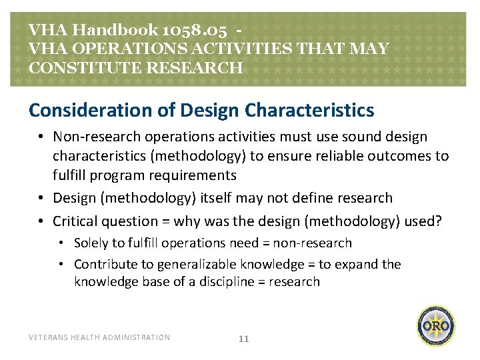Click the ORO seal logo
point(437,326)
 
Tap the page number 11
point(243,339)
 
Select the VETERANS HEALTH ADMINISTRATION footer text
point(99,337)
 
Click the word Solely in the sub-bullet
point(91,243)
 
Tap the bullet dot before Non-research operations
point(41,137)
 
